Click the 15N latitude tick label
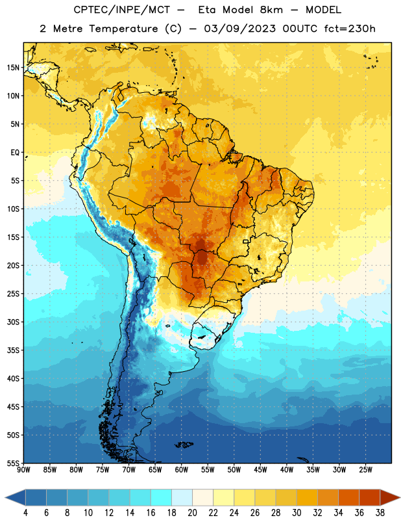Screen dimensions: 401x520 point(13,68)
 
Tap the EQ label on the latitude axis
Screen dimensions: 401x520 point(15,153)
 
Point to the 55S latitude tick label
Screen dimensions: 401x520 point(13,463)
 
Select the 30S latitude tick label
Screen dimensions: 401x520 point(13,322)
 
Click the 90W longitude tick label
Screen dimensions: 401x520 point(23,470)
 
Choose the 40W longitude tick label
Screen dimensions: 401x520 point(287,470)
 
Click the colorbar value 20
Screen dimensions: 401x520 point(192,513)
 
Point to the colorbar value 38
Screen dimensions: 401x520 point(380,513)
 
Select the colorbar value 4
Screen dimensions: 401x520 point(25,513)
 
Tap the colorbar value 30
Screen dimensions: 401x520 point(297,513)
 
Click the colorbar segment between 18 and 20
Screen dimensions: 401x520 point(182,498)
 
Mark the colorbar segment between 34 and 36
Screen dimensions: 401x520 point(348,498)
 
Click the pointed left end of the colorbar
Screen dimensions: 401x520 point(6,498)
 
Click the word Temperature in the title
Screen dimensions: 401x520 point(123,29)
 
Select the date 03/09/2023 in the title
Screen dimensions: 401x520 point(239,29)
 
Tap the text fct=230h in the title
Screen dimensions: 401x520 point(350,29)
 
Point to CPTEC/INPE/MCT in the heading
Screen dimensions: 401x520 point(121,10)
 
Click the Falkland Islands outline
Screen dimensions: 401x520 point(184,445)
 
